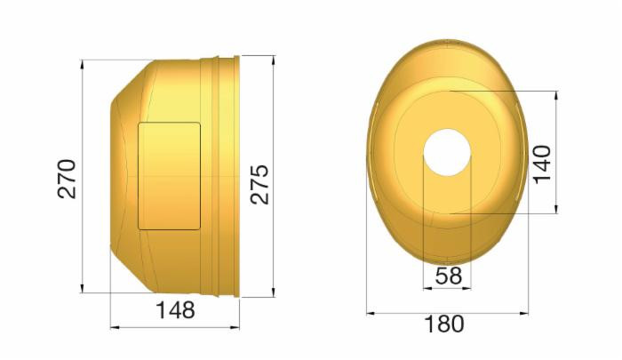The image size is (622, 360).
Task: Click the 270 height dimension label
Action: pos(68,178)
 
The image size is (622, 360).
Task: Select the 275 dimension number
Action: pos(259,183)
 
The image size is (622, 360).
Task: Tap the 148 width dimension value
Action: pos(175,311)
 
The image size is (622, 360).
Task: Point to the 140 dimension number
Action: pos(542,163)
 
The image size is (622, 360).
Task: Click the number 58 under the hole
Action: pos(448,276)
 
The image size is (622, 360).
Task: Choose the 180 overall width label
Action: pos(444,324)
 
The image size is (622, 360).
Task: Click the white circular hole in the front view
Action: pos(446,152)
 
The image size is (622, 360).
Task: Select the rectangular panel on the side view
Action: pos(169,176)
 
